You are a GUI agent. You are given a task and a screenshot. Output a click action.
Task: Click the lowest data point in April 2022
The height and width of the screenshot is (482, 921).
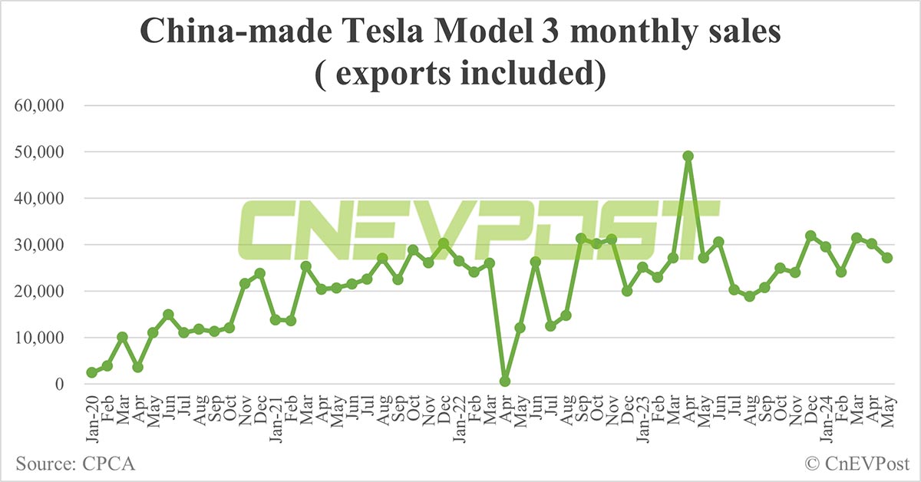coord(504,381)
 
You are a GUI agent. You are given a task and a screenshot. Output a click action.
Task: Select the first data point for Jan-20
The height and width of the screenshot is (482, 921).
coord(92,372)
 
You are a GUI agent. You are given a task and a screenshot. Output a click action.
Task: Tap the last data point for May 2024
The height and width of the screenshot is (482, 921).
coord(886,258)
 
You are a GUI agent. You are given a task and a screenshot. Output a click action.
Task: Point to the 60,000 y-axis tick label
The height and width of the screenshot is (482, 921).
coord(44,105)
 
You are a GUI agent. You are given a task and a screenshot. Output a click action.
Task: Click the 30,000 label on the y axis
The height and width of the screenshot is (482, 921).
coord(44,245)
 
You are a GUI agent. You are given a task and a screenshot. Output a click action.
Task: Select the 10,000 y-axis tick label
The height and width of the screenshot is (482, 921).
coord(44,338)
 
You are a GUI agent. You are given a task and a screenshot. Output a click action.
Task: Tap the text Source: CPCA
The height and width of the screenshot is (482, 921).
coord(74,464)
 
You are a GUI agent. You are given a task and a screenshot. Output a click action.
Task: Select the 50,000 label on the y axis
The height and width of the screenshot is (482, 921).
coord(44,152)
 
